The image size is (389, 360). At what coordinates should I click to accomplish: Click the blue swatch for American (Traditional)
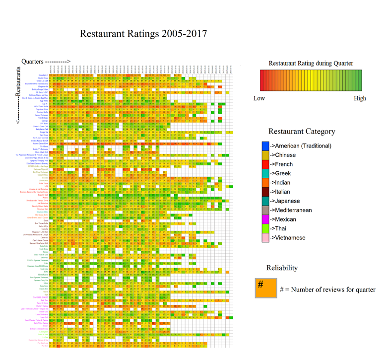[265, 145]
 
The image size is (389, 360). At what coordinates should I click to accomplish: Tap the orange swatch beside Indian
[265, 183]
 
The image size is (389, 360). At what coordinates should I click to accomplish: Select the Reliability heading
[282, 268]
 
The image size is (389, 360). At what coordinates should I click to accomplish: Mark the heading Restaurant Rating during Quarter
[311, 63]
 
